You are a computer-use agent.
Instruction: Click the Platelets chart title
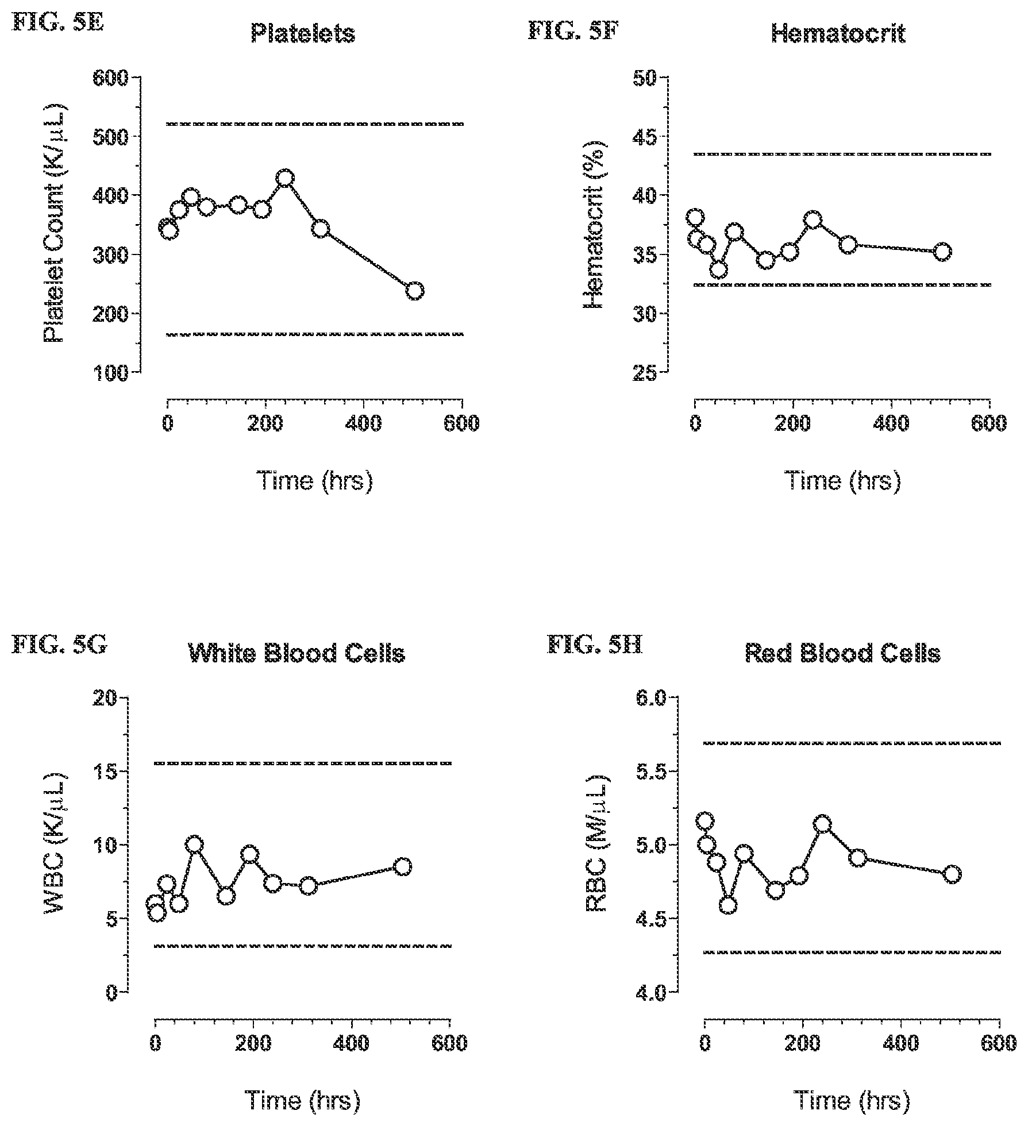pos(303,35)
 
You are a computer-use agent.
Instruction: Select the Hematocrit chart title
pos(838,34)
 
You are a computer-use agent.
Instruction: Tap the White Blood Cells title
pos(297,654)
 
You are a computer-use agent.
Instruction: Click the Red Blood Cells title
pos(843,654)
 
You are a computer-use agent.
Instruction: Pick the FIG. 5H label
pos(594,645)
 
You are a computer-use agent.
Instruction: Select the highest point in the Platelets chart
pos(284,178)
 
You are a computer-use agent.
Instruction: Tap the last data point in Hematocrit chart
pos(942,252)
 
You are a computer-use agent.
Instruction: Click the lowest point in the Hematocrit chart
pos(718,269)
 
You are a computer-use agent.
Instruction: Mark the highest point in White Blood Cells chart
pos(194,844)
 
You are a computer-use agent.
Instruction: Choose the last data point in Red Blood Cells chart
pos(952,874)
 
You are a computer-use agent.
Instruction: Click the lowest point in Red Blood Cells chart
pos(728,905)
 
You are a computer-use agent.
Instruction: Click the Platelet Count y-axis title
pos(55,224)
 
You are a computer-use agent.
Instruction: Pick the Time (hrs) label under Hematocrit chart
pos(842,480)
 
